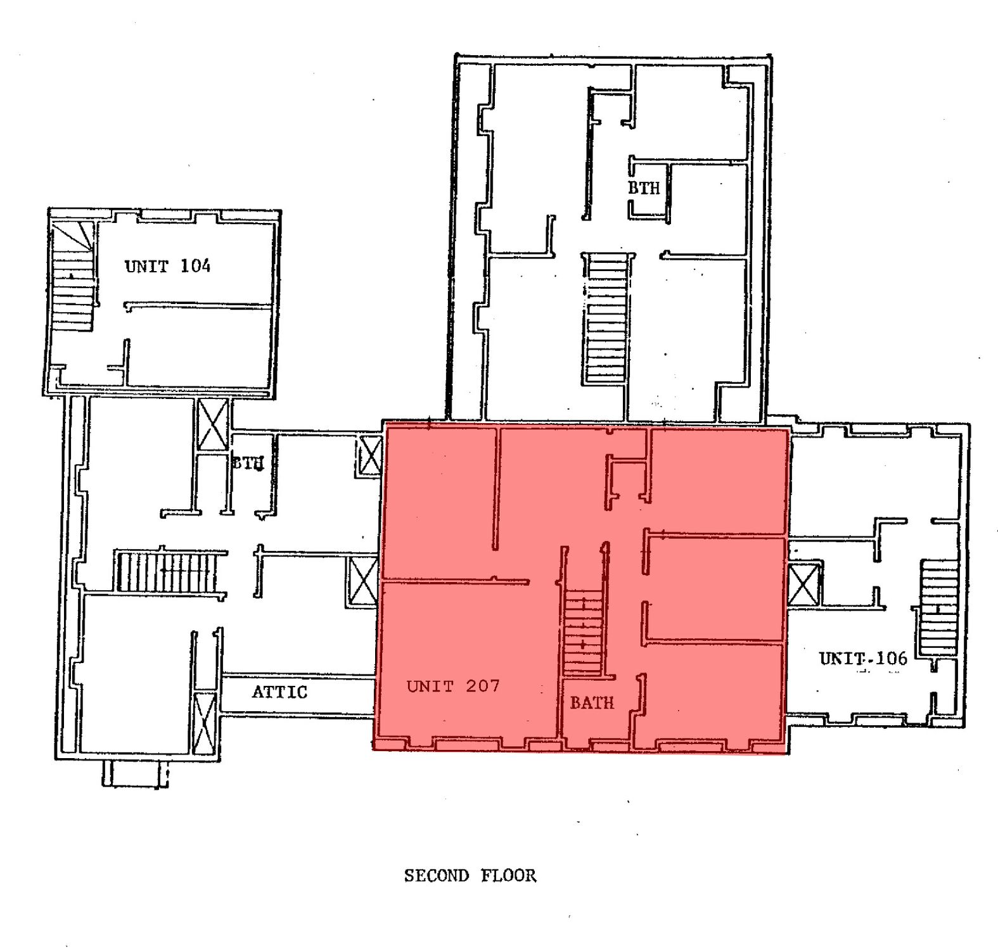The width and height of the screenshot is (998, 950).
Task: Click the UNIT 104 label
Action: pyautogui.click(x=167, y=266)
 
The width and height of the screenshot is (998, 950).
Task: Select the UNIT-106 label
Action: pyautogui.click(x=863, y=658)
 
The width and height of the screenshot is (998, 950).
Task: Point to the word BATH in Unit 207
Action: pyautogui.click(x=592, y=702)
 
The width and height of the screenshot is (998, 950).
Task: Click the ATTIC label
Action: pyautogui.click(x=279, y=692)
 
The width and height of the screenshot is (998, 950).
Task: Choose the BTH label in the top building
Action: pyautogui.click(x=644, y=187)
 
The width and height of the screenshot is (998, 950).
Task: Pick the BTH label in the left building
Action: pyautogui.click(x=247, y=463)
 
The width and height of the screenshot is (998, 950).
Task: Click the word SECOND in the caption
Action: pyautogui.click(x=437, y=876)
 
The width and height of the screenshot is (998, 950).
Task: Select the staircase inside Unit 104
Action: pyautogui.click(x=73, y=275)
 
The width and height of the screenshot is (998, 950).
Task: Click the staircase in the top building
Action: pyautogui.click(x=606, y=319)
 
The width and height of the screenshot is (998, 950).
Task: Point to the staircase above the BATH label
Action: pyautogui.click(x=583, y=633)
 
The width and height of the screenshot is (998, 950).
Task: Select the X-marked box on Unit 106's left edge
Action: pyautogui.click(x=803, y=583)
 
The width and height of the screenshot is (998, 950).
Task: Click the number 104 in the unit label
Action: pyautogui.click(x=195, y=266)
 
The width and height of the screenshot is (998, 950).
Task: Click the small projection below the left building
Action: pyautogui.click(x=136, y=773)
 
